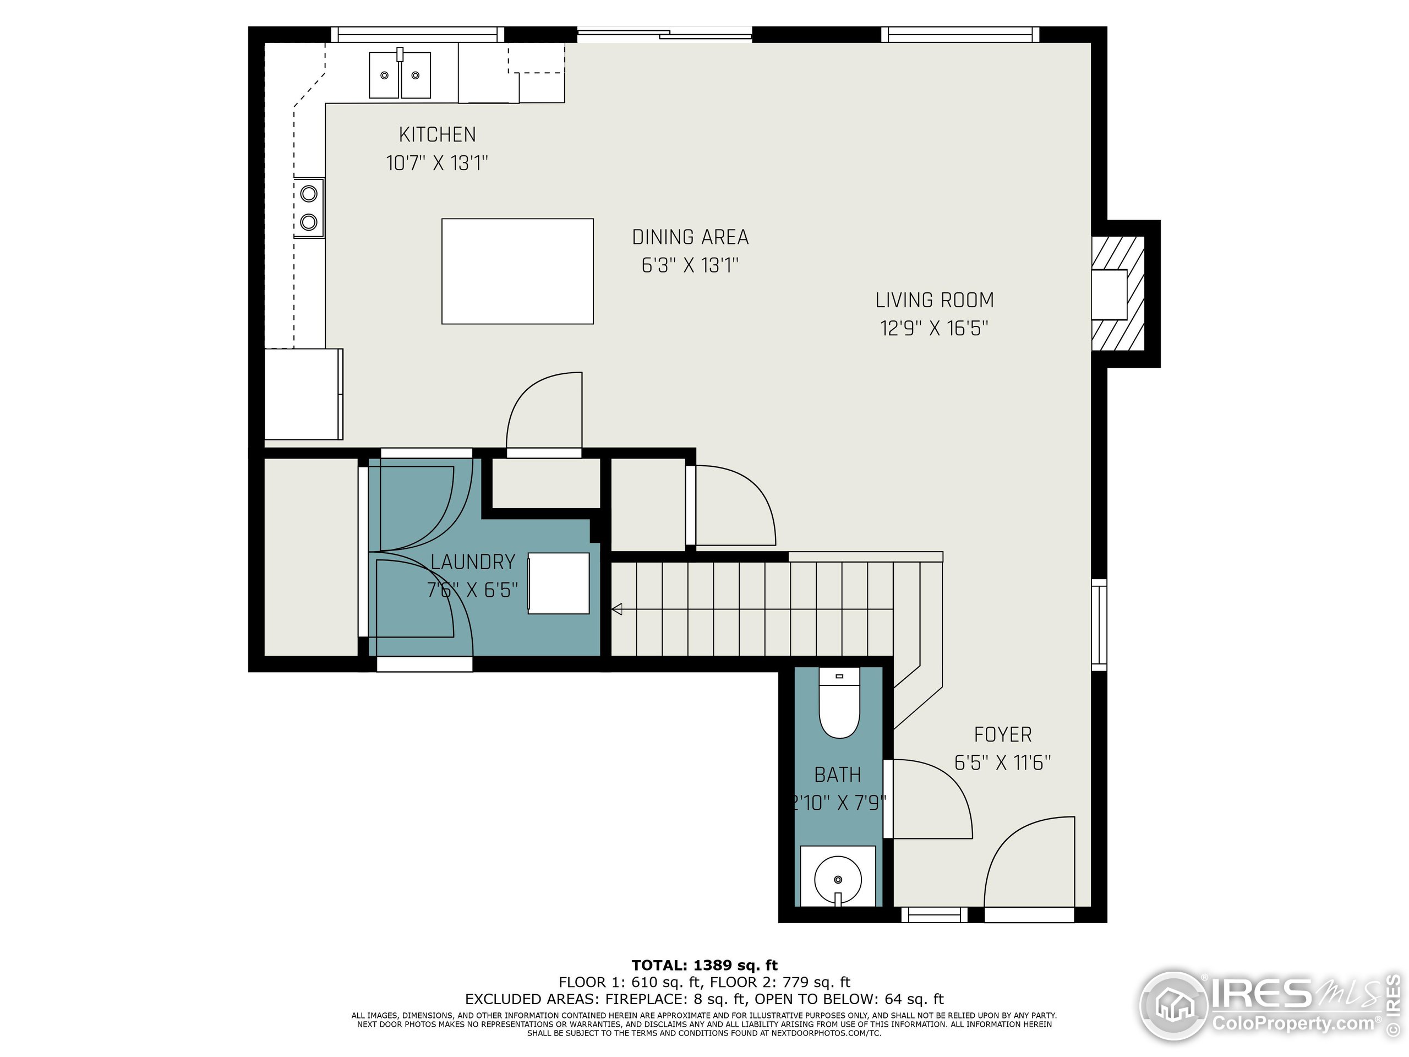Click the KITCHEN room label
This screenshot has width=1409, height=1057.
coord(437,134)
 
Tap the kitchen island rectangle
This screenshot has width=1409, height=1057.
coord(517,271)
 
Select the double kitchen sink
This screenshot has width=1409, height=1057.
coord(400,75)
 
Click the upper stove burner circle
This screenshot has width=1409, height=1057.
coord(309,193)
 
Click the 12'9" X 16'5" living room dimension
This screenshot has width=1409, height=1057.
coord(934,328)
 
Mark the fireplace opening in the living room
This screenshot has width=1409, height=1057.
coord(1110,295)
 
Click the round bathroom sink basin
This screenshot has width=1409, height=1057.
coord(838,880)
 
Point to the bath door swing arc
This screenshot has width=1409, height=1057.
coord(930,799)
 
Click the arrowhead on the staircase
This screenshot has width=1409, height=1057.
coord(616,610)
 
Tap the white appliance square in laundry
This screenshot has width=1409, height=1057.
coord(559,584)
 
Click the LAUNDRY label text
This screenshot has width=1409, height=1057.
coord(473,562)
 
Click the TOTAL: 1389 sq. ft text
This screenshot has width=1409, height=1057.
coord(704,965)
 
